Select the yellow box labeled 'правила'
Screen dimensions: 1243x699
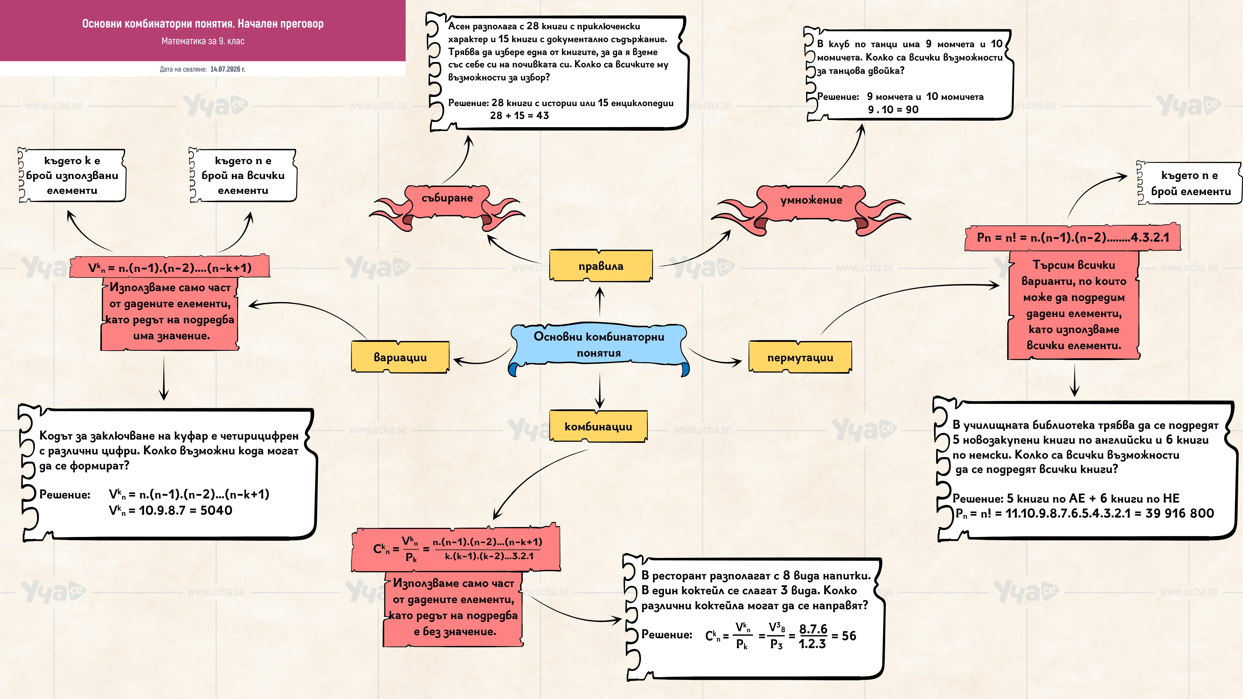601,265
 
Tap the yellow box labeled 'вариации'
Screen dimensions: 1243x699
400,357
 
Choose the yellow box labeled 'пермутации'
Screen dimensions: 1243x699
800,357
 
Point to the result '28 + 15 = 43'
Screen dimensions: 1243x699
519,115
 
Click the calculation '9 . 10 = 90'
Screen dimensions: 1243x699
893,110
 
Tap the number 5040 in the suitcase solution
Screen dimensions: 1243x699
216,510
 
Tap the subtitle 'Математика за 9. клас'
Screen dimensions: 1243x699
203,41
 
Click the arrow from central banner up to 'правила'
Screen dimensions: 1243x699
600,301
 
